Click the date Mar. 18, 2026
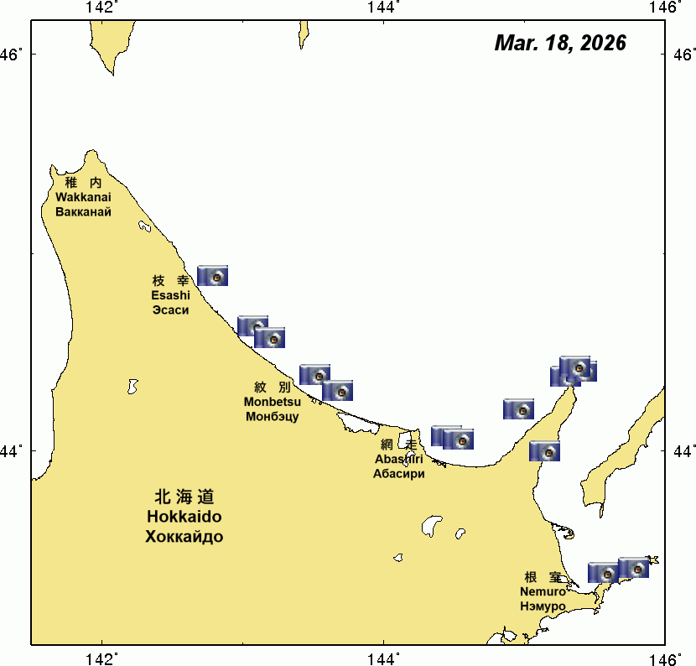(560, 44)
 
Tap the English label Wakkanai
(83, 197)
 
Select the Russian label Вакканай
(83, 211)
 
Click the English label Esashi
(170, 295)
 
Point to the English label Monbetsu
(273, 402)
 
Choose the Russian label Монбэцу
(273, 416)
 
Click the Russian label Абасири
(398, 473)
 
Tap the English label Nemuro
(543, 591)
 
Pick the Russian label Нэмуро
(543, 606)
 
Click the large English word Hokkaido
(184, 517)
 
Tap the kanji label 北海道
(184, 497)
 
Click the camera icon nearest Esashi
(212, 276)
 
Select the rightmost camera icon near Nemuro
(634, 568)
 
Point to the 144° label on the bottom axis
(384, 658)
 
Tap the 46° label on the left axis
(14, 55)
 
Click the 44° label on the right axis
(683, 451)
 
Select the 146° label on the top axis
(667, 8)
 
